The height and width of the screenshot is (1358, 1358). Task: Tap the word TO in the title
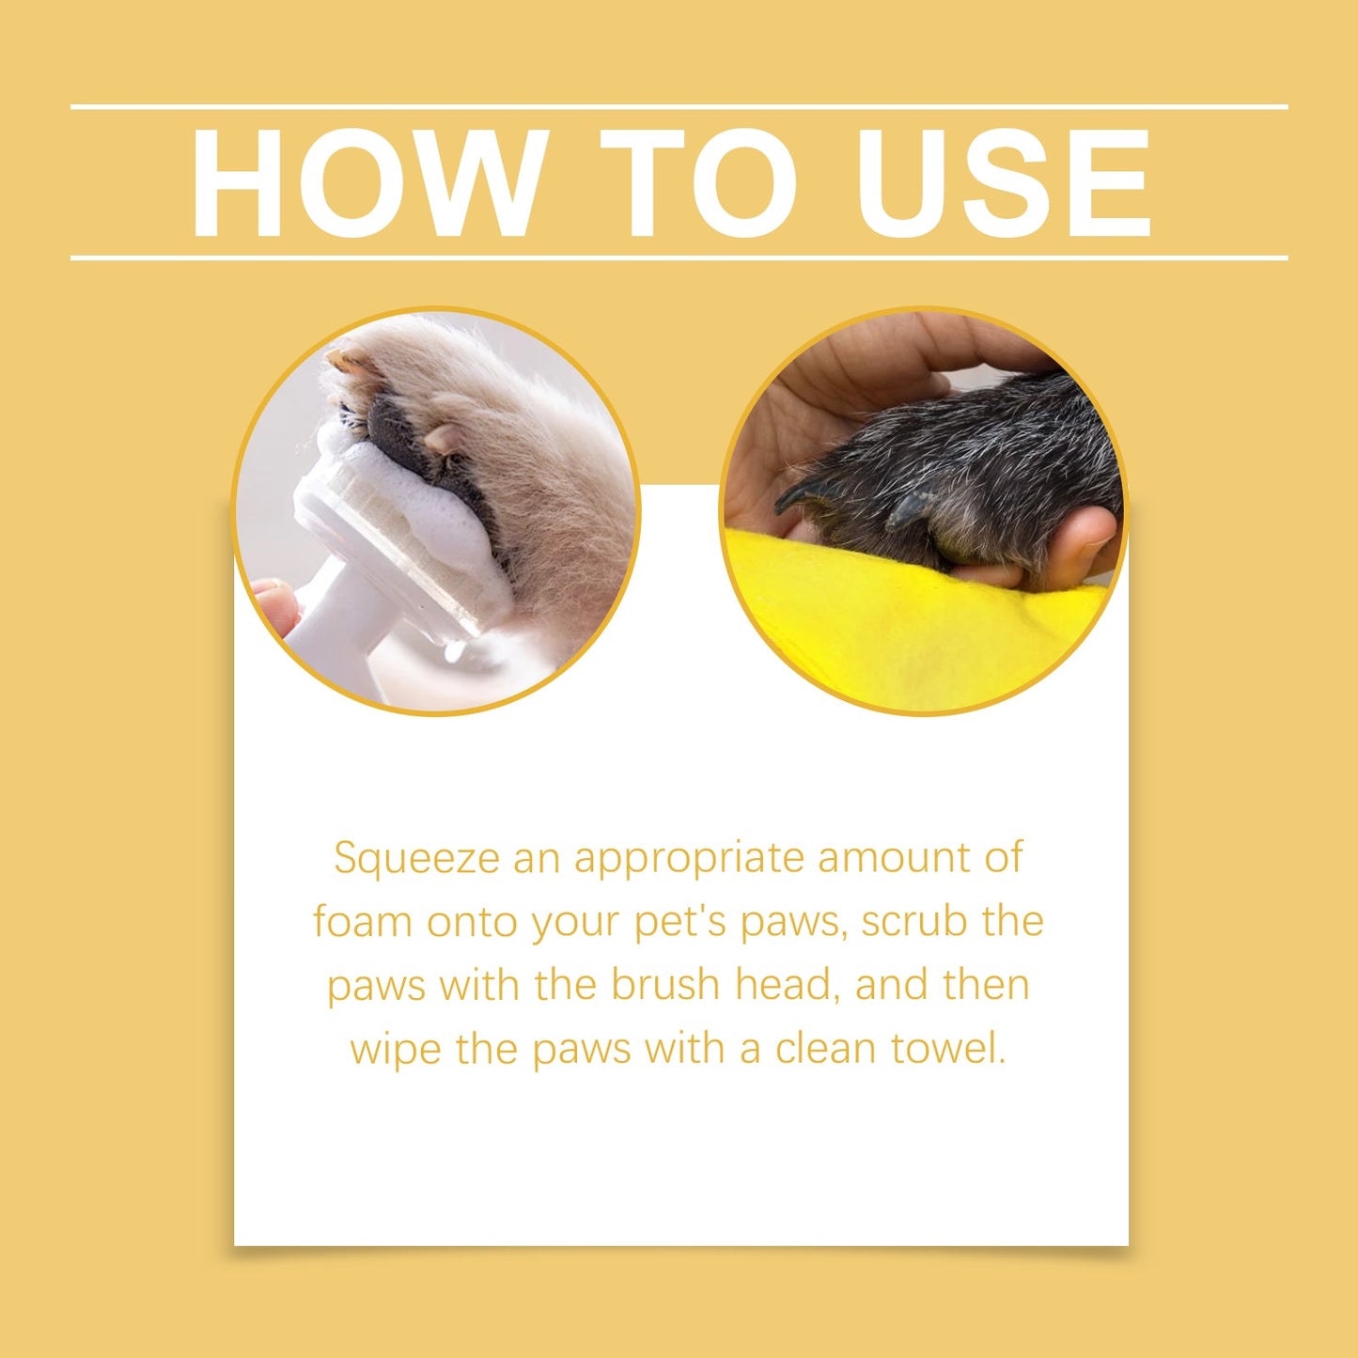697,182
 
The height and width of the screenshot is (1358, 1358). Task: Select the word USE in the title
1003,182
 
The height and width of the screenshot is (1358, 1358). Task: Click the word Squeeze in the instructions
415,859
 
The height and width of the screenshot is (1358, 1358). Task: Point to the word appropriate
690,859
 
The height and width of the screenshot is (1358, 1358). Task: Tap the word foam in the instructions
363,921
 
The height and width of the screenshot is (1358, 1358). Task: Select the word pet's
680,923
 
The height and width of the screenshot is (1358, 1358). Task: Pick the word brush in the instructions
665,985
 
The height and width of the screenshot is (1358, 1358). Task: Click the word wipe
395,1049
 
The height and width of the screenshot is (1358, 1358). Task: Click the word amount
893,859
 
